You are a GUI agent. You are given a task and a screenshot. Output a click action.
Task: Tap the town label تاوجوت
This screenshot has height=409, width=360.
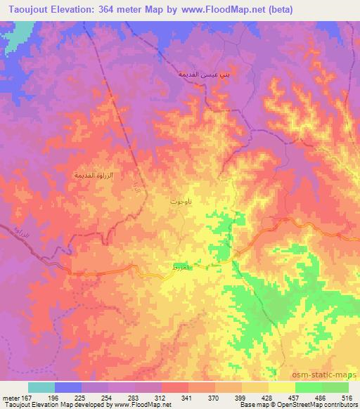coord(179,202)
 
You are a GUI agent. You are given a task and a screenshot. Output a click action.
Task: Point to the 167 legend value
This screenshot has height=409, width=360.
coord(27,396)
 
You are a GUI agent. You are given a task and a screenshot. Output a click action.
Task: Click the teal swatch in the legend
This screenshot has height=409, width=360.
coord(41,387)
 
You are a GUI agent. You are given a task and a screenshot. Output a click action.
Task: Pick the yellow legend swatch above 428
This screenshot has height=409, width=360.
coord(255,387)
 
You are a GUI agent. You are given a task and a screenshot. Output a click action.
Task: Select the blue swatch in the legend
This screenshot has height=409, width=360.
coord(68,387)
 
